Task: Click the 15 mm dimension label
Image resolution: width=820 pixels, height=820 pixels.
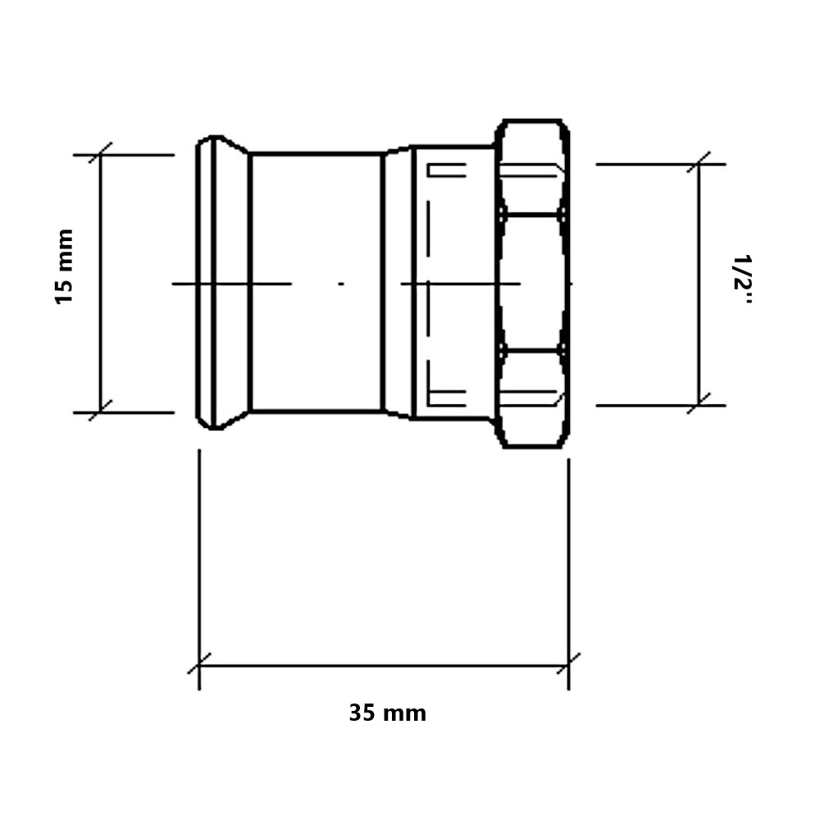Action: click(65, 266)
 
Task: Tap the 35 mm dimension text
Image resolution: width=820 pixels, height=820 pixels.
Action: click(388, 713)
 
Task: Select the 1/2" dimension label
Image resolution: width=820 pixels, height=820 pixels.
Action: click(743, 280)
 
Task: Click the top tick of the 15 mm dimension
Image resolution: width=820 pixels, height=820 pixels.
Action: click(100, 153)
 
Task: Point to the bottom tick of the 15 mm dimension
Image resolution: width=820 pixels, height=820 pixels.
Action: click(100, 411)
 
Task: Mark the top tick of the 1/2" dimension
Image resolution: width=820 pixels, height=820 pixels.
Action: click(699, 163)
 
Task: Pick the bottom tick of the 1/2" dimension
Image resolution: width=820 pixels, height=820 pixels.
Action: click(699, 403)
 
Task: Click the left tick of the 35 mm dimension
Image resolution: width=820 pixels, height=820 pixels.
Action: click(199, 664)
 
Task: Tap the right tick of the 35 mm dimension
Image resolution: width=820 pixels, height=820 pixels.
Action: click(568, 664)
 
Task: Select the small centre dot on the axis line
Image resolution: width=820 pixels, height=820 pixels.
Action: click(341, 284)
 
